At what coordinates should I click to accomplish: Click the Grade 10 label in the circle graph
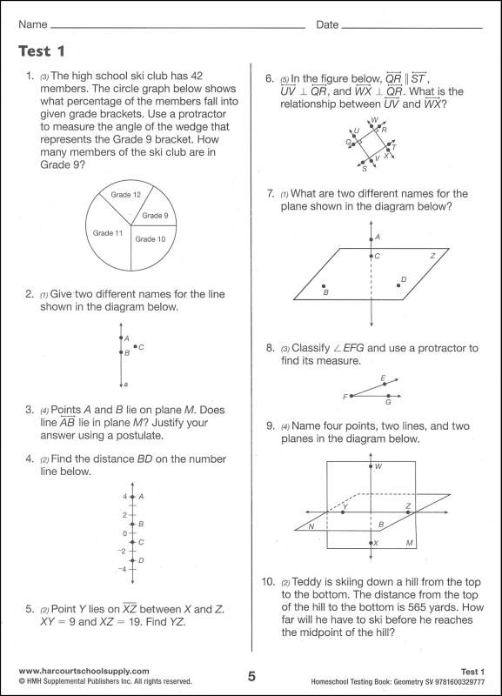[151, 238]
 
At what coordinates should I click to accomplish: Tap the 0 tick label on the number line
[124, 532]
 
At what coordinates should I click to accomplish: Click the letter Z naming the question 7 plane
[432, 256]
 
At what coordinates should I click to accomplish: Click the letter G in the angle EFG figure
[388, 402]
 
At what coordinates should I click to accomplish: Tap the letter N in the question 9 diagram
[310, 526]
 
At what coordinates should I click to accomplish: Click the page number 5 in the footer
[251, 677]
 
